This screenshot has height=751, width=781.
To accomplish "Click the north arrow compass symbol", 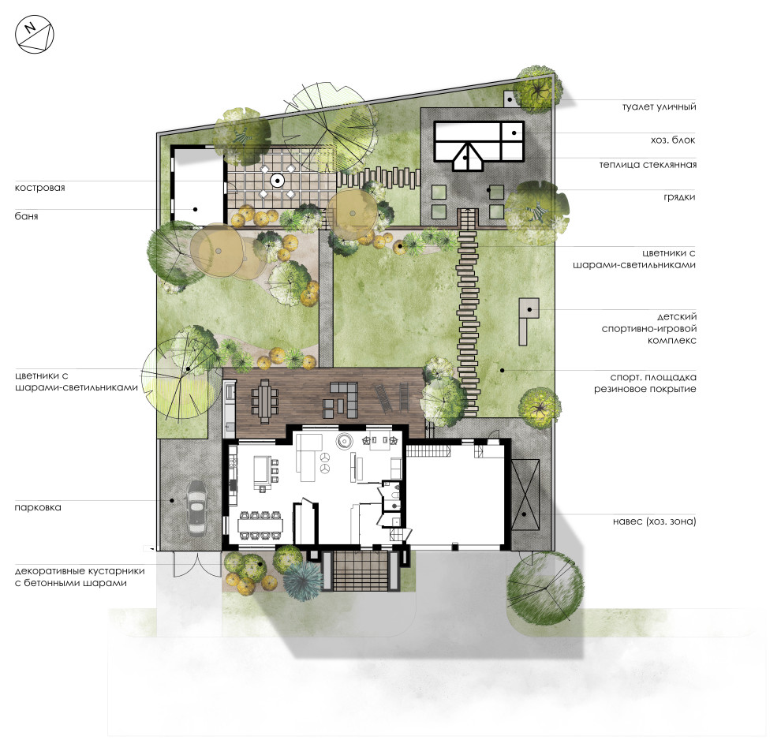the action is pos(34,35).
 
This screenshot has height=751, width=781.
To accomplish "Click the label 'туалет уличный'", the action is pos(659,107).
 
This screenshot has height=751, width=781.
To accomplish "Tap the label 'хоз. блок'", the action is pos(672,140).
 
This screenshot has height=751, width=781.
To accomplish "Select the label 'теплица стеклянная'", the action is pos(648,165).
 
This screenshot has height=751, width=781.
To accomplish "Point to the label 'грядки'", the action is pos(679,197).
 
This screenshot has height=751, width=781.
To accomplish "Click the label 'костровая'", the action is pos(40,188).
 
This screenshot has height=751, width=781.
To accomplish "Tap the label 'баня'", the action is pos(26,216).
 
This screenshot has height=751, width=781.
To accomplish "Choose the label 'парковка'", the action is pos(38,507).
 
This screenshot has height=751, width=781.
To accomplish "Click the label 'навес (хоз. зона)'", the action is pos(655,521).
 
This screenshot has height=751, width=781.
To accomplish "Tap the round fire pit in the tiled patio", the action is pos(276,180).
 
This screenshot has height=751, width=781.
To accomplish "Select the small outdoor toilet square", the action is pos(509,99).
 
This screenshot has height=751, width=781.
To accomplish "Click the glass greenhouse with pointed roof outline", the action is pos(467,156).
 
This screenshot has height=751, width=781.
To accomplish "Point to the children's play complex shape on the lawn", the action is pos(527,321).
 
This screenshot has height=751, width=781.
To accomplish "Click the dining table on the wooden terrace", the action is pos(264,400).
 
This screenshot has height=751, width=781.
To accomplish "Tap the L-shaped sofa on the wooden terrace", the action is pos(342,399).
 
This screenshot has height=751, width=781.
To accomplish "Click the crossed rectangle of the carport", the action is pos(525,495).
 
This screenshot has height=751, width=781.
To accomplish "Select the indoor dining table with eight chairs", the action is pos(260,525).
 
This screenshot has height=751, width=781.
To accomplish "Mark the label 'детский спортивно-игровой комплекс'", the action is pos(649,329).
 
